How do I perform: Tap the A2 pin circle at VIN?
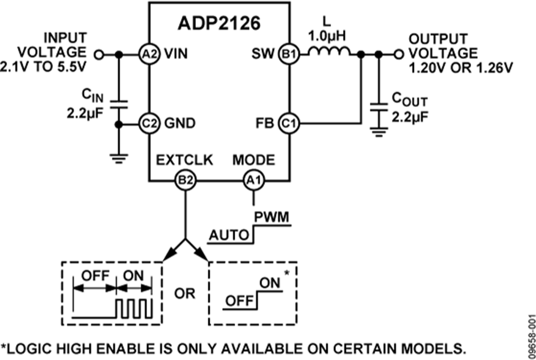point(148,54)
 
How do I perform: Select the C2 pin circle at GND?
point(148,124)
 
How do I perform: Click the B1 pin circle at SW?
point(289,54)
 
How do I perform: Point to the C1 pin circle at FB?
point(289,124)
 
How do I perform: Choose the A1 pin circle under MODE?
point(254,179)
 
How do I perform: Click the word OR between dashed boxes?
point(185,293)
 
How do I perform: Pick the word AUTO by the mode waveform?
point(228,235)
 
